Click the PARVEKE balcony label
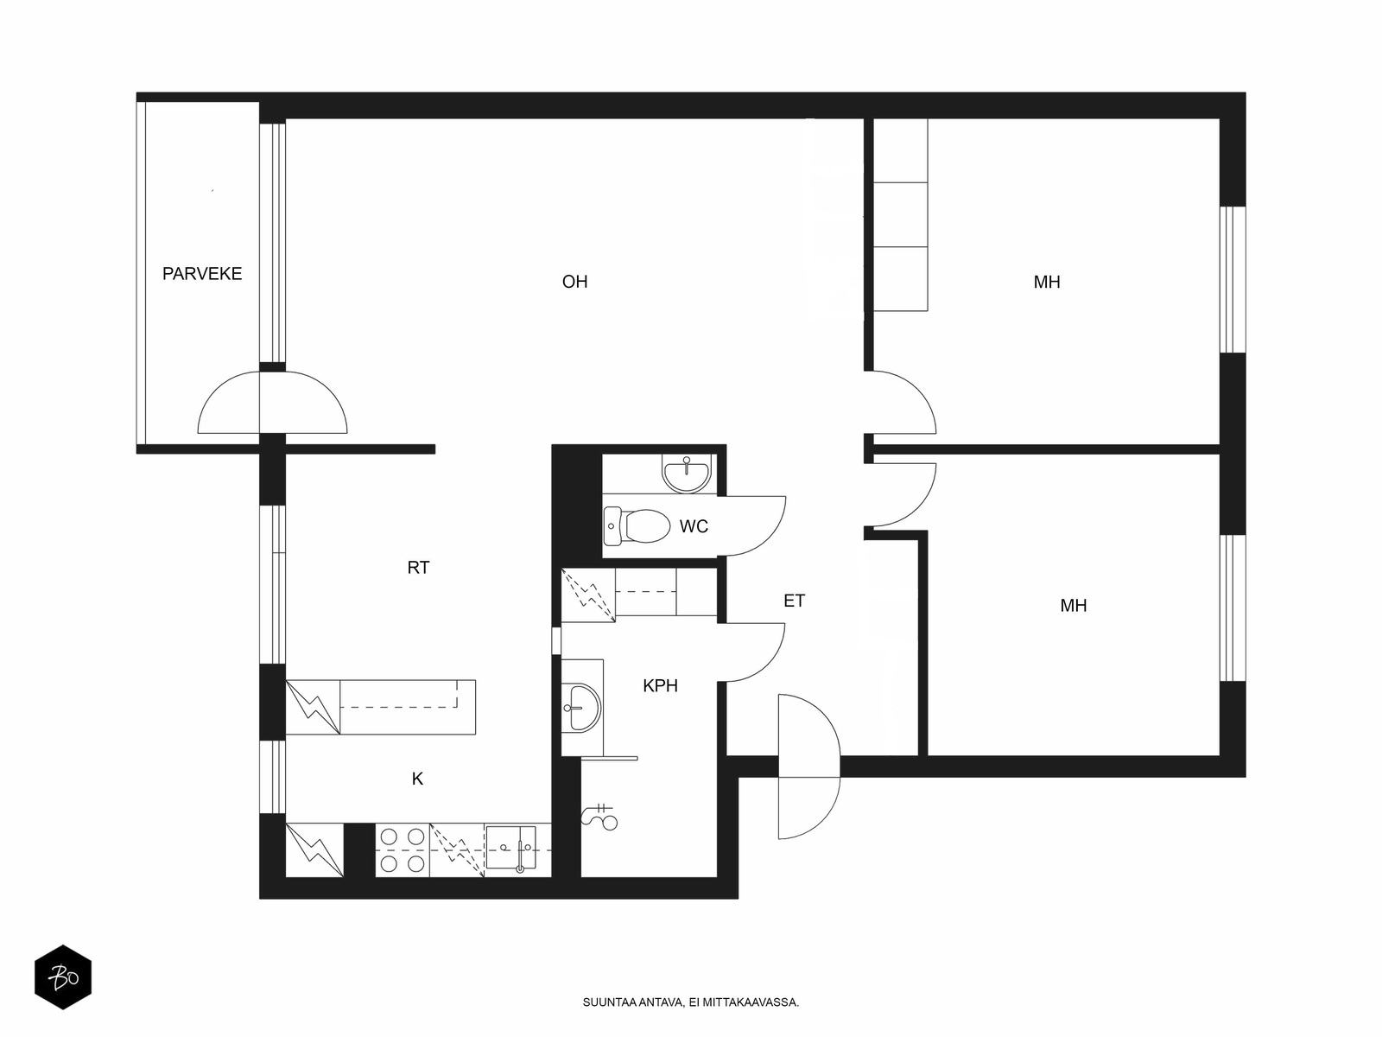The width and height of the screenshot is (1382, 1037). click(x=202, y=274)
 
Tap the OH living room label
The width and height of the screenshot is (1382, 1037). click(x=575, y=282)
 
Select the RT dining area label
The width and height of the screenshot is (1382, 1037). click(x=418, y=567)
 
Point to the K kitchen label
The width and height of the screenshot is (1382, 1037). click(x=417, y=779)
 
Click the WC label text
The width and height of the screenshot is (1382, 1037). click(x=694, y=526)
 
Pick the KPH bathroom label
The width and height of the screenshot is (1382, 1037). click(x=661, y=685)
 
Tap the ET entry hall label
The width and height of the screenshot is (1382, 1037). click(x=794, y=601)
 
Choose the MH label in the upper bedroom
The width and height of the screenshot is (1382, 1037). click(x=1046, y=282)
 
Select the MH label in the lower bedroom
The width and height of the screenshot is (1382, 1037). click(x=1073, y=606)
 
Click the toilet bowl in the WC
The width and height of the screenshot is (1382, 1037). click(x=637, y=525)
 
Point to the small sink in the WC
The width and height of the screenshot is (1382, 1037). click(x=687, y=474)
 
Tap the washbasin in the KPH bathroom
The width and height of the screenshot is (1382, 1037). click(x=581, y=708)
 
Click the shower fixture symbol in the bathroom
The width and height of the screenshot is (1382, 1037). click(x=600, y=817)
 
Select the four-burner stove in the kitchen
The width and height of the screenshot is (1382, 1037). click(x=403, y=850)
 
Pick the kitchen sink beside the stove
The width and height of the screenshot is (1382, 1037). click(x=510, y=849)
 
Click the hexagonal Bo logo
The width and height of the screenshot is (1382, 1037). click(x=63, y=977)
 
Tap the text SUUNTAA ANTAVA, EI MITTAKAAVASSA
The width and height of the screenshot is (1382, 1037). click(x=691, y=1002)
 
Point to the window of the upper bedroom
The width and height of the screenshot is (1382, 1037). click(x=1233, y=279)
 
